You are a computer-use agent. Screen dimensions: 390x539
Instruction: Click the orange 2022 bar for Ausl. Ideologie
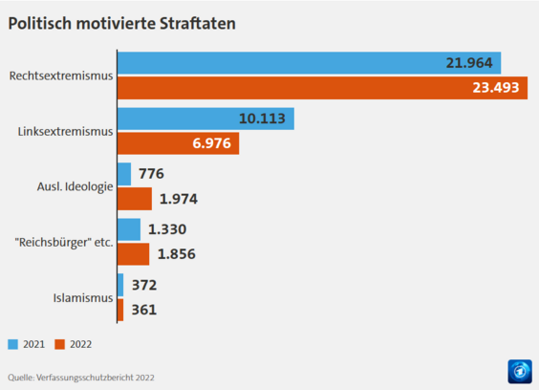[x=134, y=199]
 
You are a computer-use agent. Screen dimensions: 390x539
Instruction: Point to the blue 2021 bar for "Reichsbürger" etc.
[x=128, y=229]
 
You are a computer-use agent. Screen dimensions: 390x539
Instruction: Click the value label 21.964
[x=468, y=63]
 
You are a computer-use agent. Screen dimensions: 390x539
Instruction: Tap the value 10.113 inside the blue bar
[x=261, y=119]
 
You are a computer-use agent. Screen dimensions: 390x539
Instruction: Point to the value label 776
[x=151, y=174]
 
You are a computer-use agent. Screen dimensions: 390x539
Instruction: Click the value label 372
[x=143, y=285]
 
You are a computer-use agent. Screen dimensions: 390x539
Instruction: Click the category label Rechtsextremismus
[x=60, y=76]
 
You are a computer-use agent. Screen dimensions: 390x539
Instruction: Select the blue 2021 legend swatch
[x=13, y=344]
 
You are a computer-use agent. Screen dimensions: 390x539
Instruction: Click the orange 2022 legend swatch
[x=59, y=344]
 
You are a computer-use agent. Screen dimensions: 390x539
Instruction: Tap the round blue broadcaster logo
[x=520, y=371]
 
